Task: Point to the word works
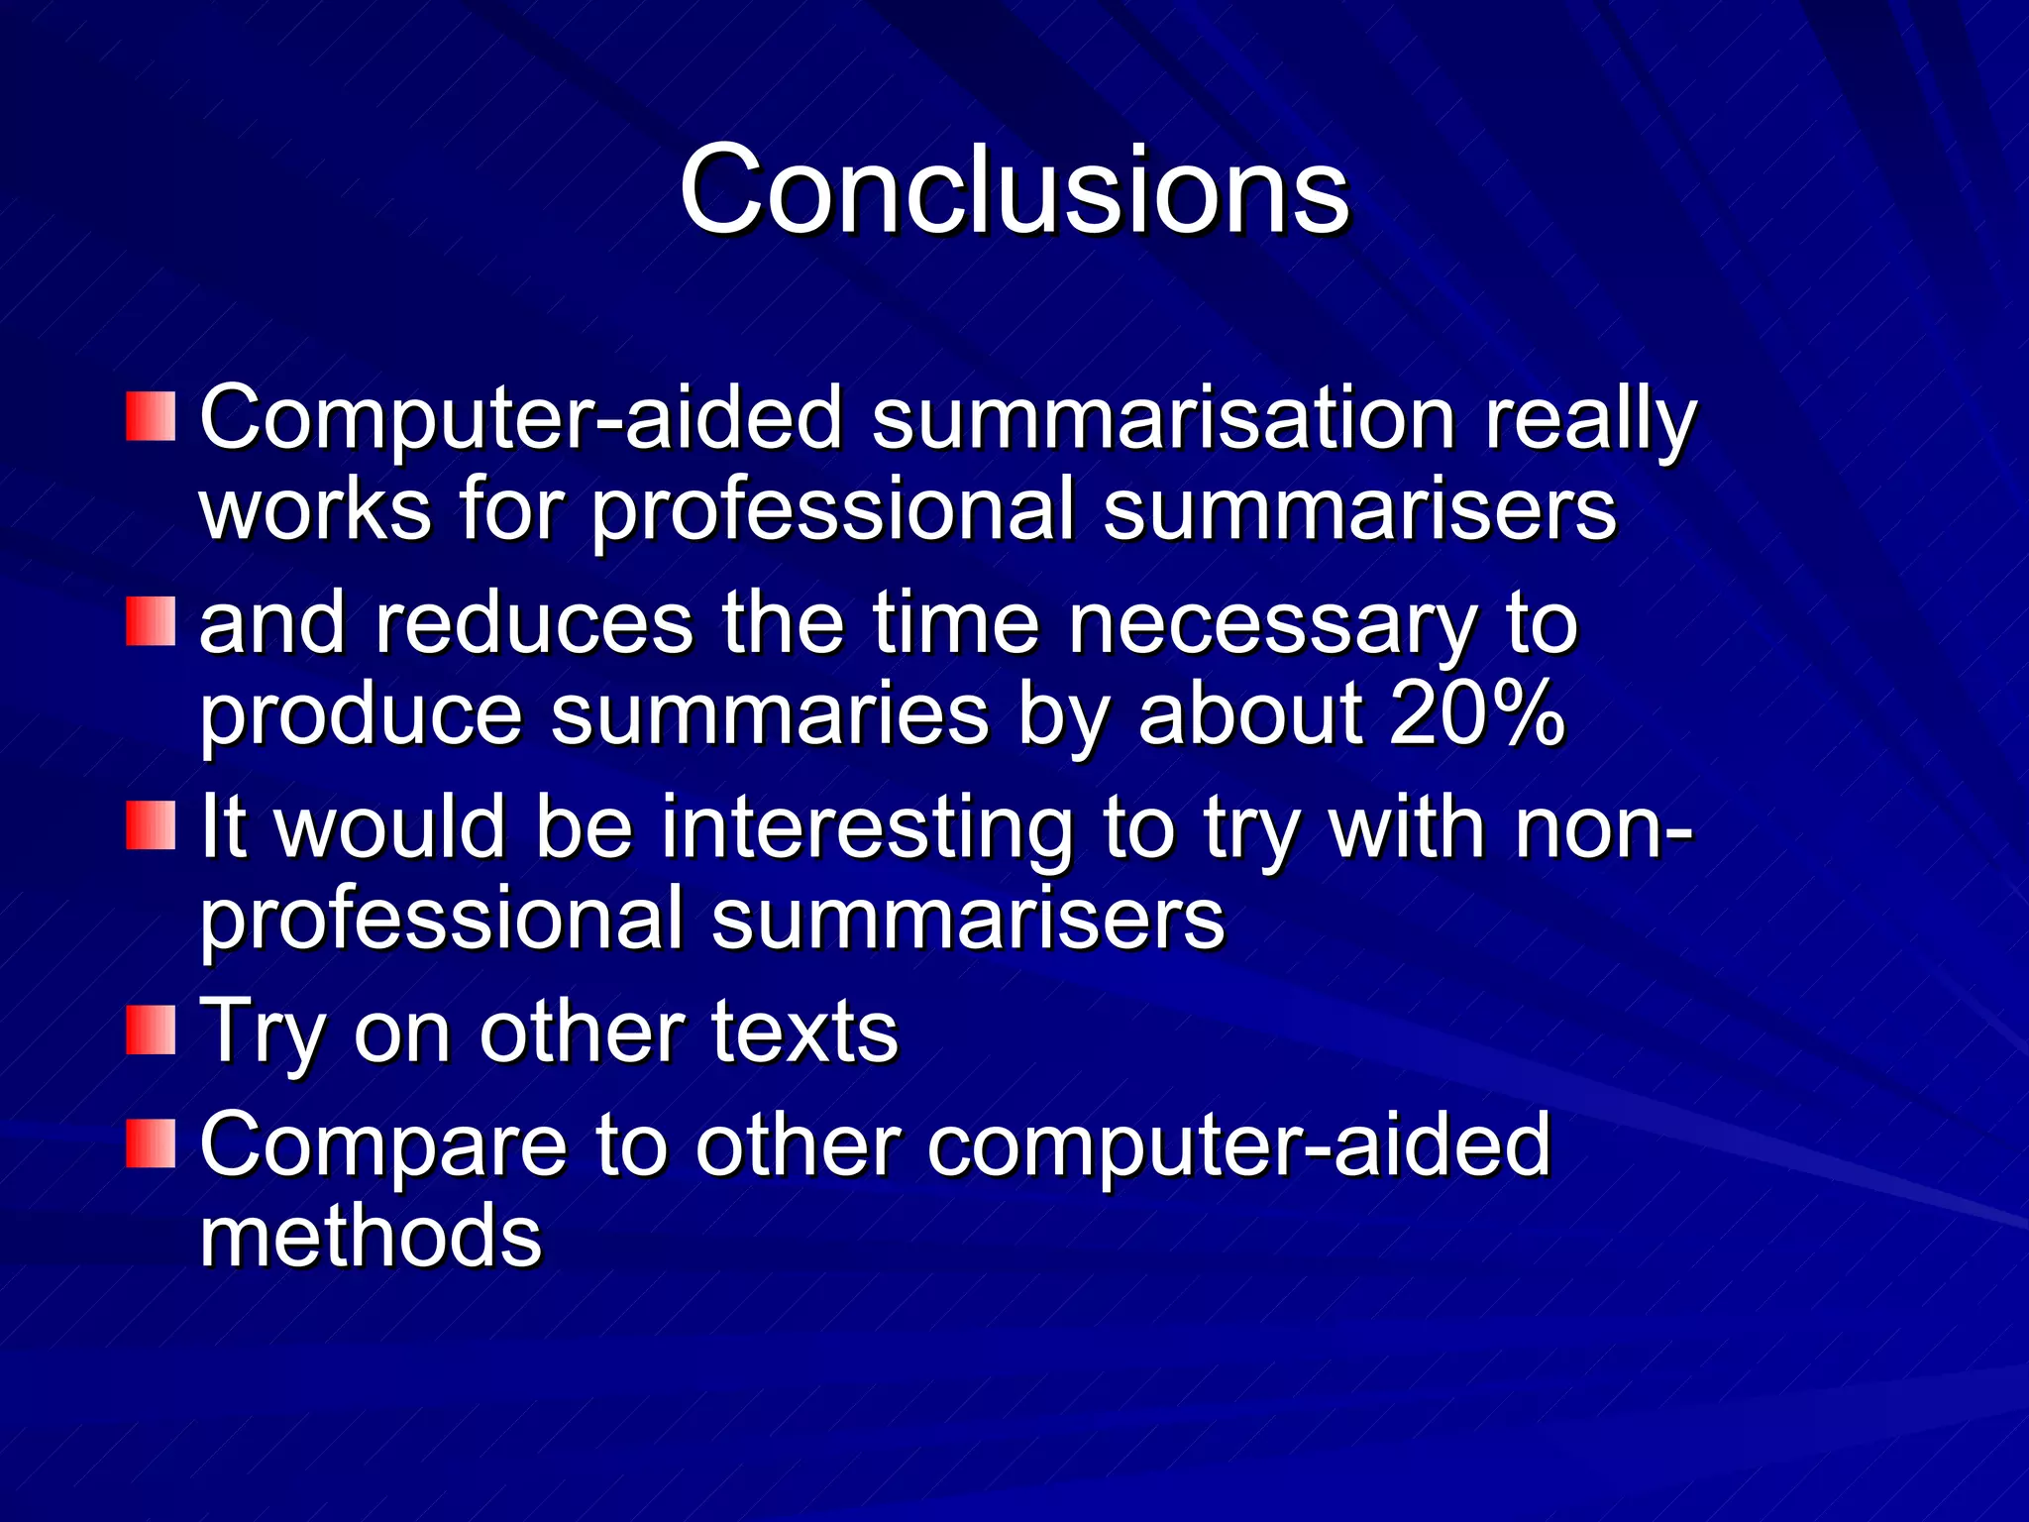315,509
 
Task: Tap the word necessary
1271,626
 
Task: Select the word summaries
770,715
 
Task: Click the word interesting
867,828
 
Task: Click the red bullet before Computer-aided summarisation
151,416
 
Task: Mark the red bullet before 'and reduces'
151,621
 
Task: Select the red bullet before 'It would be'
151,825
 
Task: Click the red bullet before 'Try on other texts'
151,1030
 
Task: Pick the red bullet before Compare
151,1143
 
